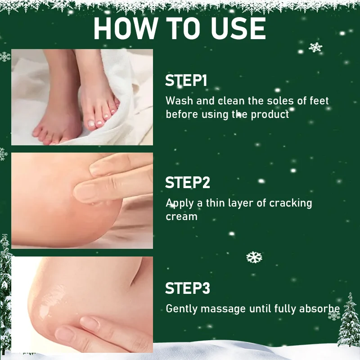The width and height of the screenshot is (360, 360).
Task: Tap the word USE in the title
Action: (x=238, y=28)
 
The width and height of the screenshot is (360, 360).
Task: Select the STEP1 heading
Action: (x=186, y=81)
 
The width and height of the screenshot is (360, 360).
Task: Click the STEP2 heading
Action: (x=188, y=183)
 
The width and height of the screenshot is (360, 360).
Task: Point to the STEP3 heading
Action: (x=188, y=288)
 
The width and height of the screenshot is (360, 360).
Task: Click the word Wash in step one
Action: (x=179, y=101)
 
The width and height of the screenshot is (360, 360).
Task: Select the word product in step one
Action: (x=270, y=115)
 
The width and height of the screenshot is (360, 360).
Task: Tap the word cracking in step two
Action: (x=291, y=203)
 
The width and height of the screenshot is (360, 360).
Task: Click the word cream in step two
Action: (x=181, y=217)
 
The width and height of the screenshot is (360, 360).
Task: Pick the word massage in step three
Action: (x=223, y=309)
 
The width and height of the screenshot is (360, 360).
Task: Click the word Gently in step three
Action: (x=182, y=309)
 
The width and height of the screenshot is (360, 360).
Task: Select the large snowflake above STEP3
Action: (x=254, y=257)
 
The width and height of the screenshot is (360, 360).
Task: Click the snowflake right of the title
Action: (x=315, y=48)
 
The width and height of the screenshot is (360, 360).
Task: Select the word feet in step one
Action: (x=319, y=101)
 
